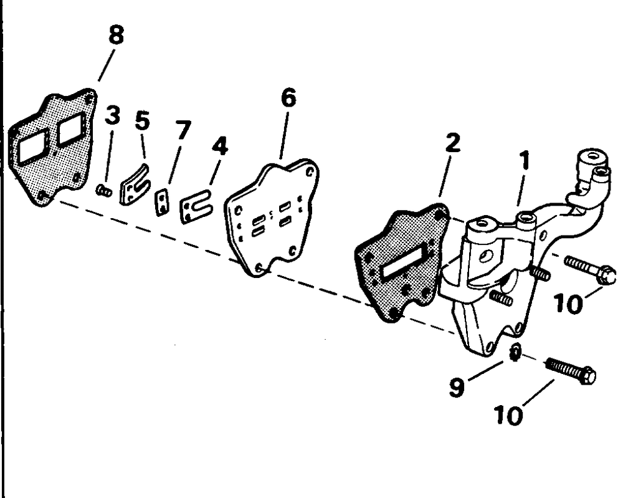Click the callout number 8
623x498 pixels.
tap(115, 36)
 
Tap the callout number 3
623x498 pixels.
tap(112, 116)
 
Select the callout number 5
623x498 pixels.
tap(143, 120)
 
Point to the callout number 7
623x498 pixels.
tap(183, 131)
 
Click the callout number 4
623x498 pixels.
tap(219, 148)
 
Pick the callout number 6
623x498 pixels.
tap(288, 98)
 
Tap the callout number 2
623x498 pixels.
tap(452, 143)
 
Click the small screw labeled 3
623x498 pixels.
tap(104, 191)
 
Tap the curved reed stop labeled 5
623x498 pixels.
tap(133, 184)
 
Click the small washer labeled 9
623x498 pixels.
tap(515, 354)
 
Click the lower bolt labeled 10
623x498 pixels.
tap(570, 371)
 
